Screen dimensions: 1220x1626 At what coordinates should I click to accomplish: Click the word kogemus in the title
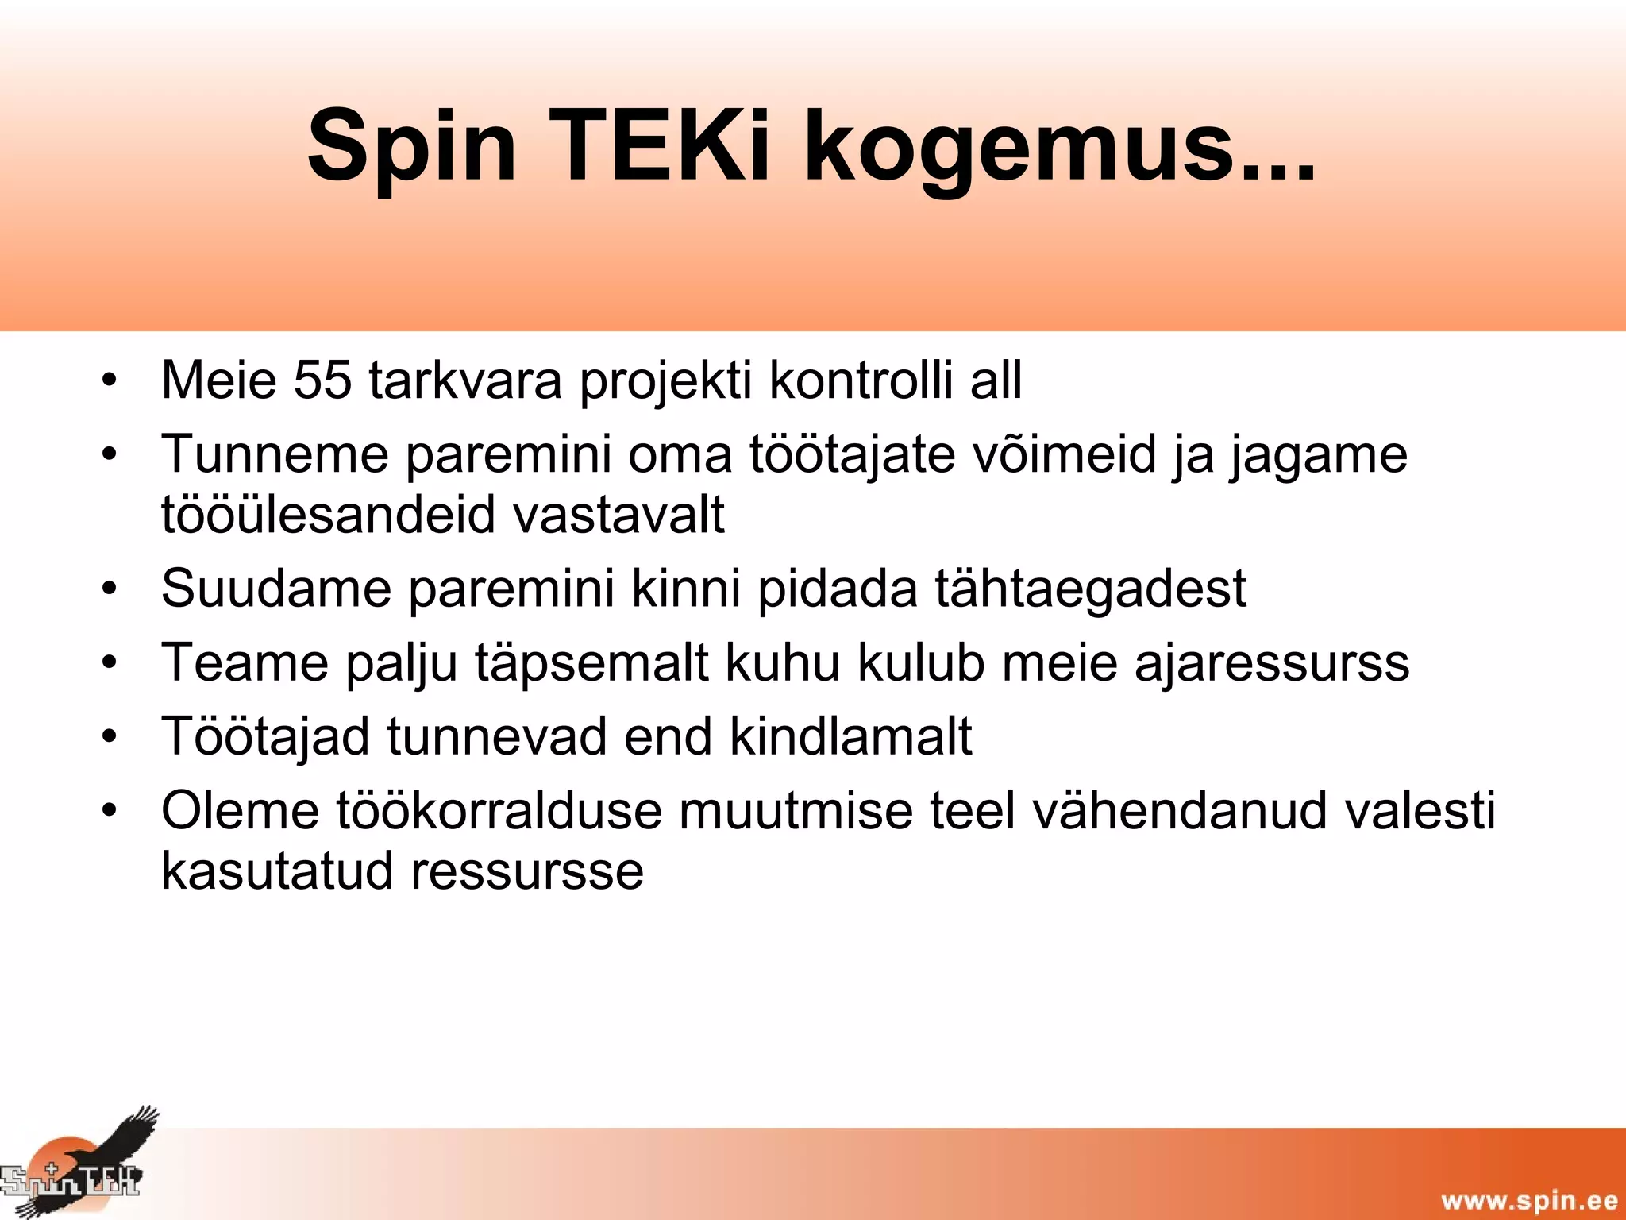click(1060, 147)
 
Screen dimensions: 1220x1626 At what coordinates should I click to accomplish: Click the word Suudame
click(276, 589)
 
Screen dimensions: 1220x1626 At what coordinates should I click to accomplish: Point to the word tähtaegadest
click(1089, 589)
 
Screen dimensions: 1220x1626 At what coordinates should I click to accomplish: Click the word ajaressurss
click(1272, 663)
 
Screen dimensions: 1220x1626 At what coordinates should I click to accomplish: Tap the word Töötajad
click(265, 736)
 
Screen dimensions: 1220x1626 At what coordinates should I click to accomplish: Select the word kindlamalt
click(850, 736)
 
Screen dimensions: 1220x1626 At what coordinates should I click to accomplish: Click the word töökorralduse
click(499, 811)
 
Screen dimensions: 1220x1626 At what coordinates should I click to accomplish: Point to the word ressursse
click(527, 871)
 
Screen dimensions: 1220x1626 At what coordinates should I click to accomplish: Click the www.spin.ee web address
click(1528, 1199)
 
